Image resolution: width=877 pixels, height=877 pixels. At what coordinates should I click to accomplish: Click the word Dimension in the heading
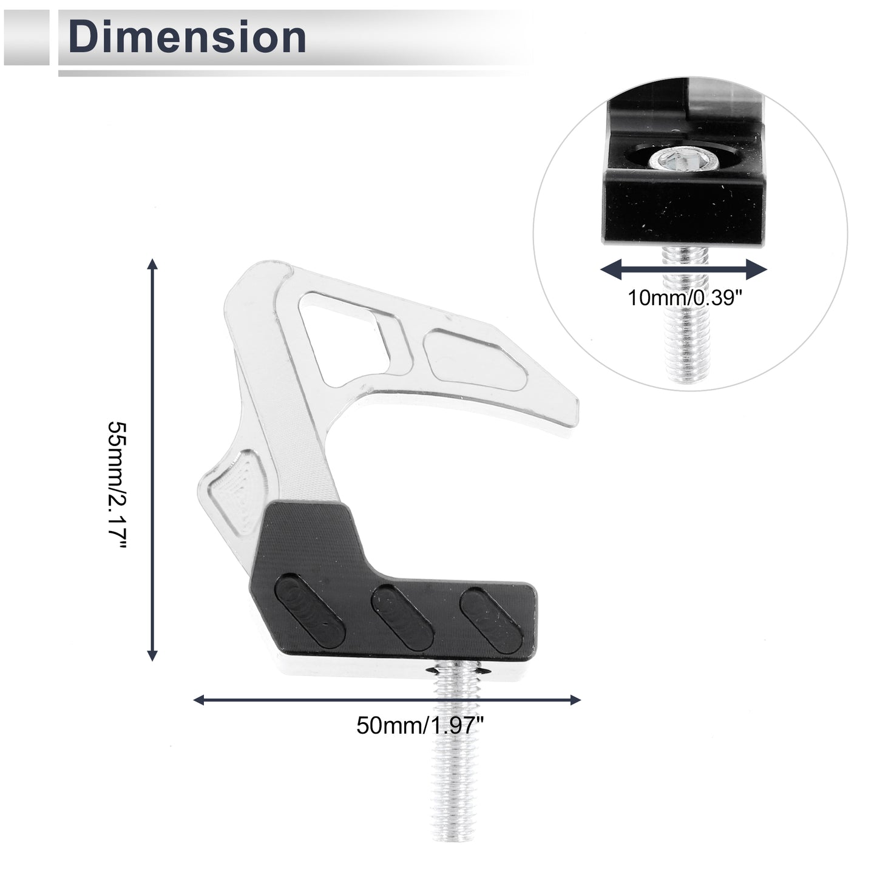coord(187,38)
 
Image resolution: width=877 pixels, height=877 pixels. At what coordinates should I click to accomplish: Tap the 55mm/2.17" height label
coord(117,486)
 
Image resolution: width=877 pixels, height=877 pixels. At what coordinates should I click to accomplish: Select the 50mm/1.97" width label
coord(419,725)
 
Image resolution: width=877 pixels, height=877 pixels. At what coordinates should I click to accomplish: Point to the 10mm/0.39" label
coord(685,298)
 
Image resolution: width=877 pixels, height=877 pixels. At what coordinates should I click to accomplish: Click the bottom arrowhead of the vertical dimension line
coord(152,655)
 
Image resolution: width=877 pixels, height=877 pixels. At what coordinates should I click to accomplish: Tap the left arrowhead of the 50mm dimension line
coord(200,700)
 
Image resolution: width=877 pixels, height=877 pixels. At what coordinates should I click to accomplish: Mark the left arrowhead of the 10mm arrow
coord(611,270)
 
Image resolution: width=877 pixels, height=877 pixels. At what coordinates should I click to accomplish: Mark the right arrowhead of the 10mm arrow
coord(757,270)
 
